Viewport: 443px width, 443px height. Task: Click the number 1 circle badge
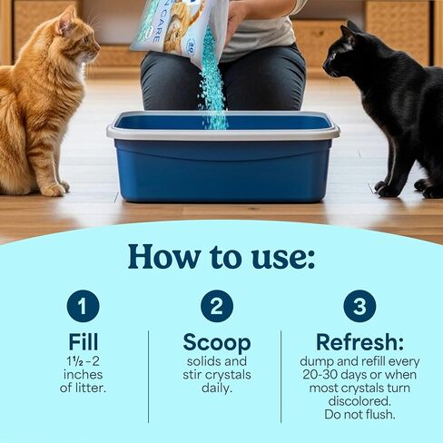(x=83, y=306)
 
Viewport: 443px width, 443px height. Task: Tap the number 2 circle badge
(x=216, y=306)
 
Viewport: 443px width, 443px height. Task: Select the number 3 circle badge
(x=359, y=306)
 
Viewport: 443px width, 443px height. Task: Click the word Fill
(x=83, y=343)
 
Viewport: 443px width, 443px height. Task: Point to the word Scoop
(x=216, y=343)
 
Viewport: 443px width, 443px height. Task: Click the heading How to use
(x=221, y=256)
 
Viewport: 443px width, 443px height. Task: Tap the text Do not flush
(x=359, y=415)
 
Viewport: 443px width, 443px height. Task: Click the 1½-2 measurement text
(x=83, y=360)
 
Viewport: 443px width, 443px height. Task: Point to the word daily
(x=216, y=388)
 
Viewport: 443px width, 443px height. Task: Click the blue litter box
(x=222, y=163)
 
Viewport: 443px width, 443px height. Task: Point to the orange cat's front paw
(x=54, y=188)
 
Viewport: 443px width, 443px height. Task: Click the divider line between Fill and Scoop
(x=148, y=363)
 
